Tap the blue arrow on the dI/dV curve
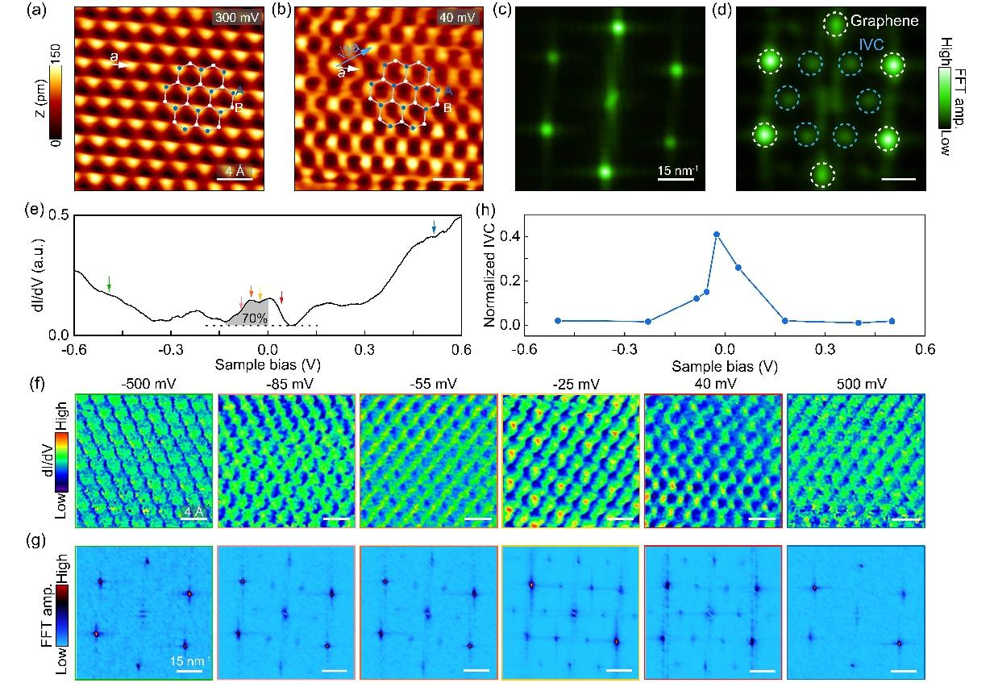click(x=434, y=228)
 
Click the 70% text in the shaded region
click(x=256, y=318)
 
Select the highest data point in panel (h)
click(x=717, y=235)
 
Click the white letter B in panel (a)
click(x=239, y=106)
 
